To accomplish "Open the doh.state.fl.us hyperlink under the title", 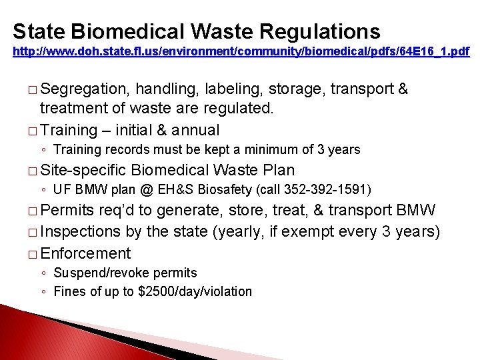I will (241, 51).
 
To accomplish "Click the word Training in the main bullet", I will (69, 130).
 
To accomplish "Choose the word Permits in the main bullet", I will (67, 211).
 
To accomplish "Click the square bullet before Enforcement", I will (34, 254).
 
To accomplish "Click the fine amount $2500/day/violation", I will (199, 291).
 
